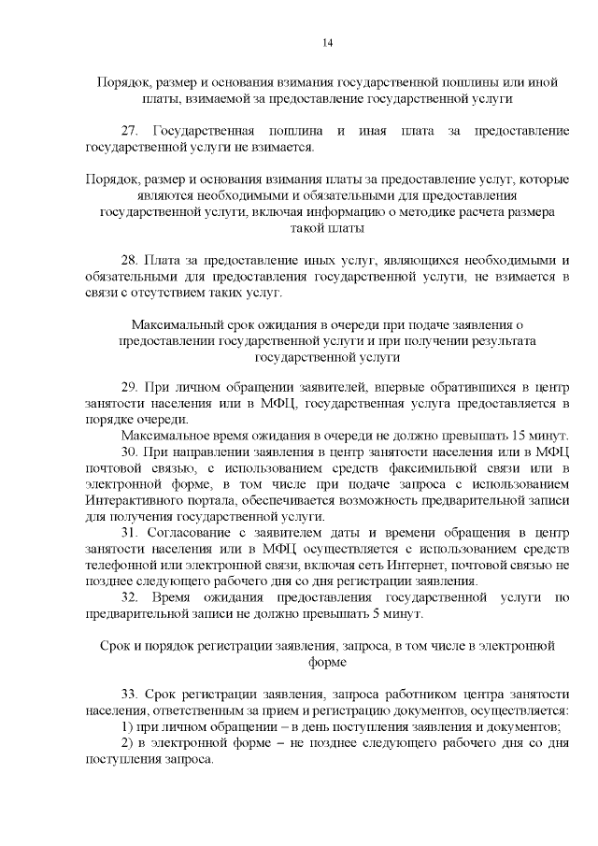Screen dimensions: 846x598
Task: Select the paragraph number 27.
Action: point(130,131)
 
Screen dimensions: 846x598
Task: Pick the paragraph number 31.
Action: point(130,533)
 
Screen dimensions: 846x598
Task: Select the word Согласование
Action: point(192,533)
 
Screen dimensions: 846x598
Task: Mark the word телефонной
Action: point(122,565)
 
